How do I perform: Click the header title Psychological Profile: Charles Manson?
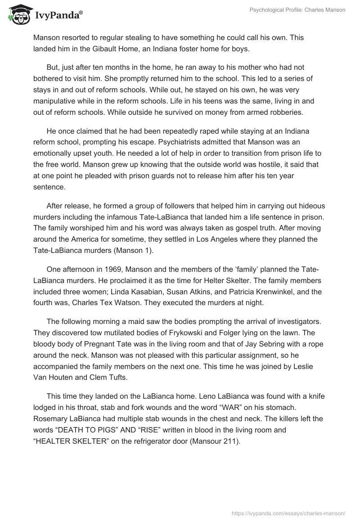coord(297,10)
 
